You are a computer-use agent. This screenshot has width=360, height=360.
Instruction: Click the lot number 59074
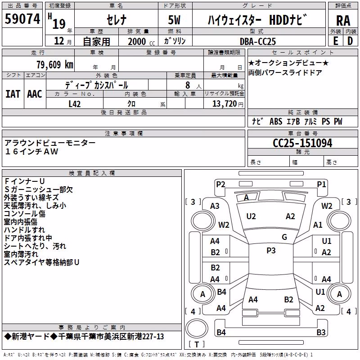pyautogui.click(x=22, y=19)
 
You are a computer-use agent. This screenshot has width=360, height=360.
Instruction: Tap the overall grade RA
pyautogui.click(x=343, y=21)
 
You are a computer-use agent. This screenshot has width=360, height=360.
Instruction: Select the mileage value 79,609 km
pyautogui.click(x=55, y=65)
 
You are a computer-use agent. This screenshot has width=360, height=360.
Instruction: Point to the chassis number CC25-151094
pyautogui.click(x=302, y=143)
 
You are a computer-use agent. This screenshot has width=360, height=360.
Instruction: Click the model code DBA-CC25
pyautogui.click(x=257, y=41)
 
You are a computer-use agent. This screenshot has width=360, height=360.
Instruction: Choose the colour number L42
pyautogui.click(x=75, y=104)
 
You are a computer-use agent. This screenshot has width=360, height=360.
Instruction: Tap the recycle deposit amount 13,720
pyautogui.click(x=224, y=104)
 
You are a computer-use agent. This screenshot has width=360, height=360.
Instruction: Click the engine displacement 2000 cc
pyautogui.click(x=141, y=41)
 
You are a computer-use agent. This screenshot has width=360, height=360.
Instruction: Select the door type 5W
pyautogui.click(x=174, y=20)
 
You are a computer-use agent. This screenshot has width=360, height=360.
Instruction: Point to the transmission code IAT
pyautogui.click(x=13, y=94)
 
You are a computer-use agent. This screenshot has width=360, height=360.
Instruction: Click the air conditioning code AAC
pyautogui.click(x=35, y=94)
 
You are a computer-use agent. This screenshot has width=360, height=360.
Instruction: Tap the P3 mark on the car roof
pyautogui.click(x=271, y=251)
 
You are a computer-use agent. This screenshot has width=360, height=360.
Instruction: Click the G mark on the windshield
pyautogui.click(x=284, y=237)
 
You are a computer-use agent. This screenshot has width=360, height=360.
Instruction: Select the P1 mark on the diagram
pyautogui.click(x=321, y=184)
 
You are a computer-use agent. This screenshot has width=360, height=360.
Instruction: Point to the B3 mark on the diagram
pyautogui.click(x=321, y=332)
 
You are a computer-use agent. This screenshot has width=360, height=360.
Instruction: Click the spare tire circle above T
pyautogui.click(x=197, y=328)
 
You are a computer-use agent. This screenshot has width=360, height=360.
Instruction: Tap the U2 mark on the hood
pyautogui.click(x=251, y=216)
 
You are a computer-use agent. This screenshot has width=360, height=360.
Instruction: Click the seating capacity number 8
pyautogui.click(x=188, y=85)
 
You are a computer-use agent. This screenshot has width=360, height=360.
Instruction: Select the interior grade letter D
pyautogui.click(x=350, y=41)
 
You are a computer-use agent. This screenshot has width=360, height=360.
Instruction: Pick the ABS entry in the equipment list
pyautogui.click(x=276, y=121)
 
